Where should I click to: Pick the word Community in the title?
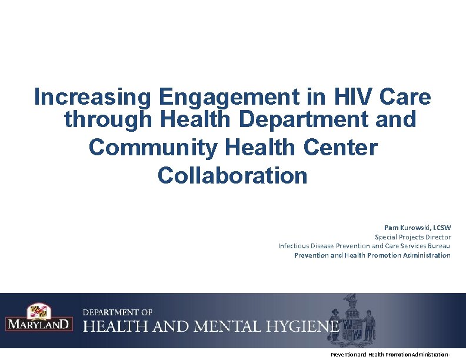(x=152, y=147)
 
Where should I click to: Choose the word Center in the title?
(x=341, y=147)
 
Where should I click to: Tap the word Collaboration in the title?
(x=232, y=175)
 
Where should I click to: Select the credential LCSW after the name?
(x=442, y=227)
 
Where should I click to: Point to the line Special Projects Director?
(x=413, y=236)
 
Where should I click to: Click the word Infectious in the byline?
(x=293, y=246)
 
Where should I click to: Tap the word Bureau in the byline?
(x=439, y=246)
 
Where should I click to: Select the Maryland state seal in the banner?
(x=351, y=321)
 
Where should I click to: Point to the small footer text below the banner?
(x=391, y=355)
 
